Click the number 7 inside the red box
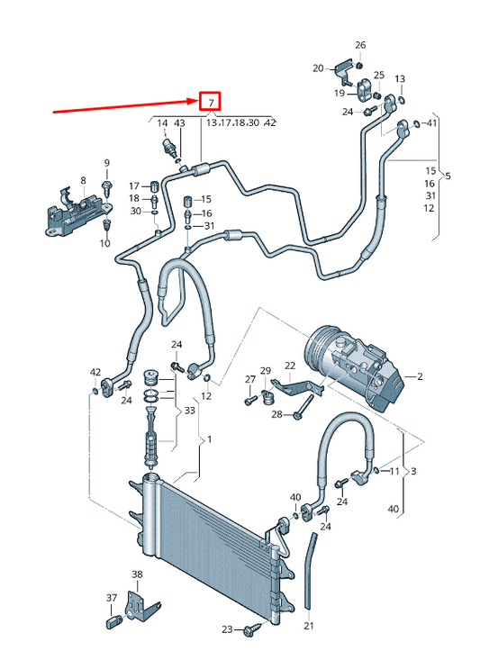pos(210,102)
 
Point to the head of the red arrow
pos(195,102)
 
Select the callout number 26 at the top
pos(360,45)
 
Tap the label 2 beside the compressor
pos(420,375)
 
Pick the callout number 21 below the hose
pos(308,626)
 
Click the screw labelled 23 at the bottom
pos(249,630)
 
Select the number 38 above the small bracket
pos(136,574)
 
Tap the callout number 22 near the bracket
pos(290,366)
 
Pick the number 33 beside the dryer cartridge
pos(189,411)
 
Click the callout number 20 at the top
pos(318,68)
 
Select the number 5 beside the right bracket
pos(448,176)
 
